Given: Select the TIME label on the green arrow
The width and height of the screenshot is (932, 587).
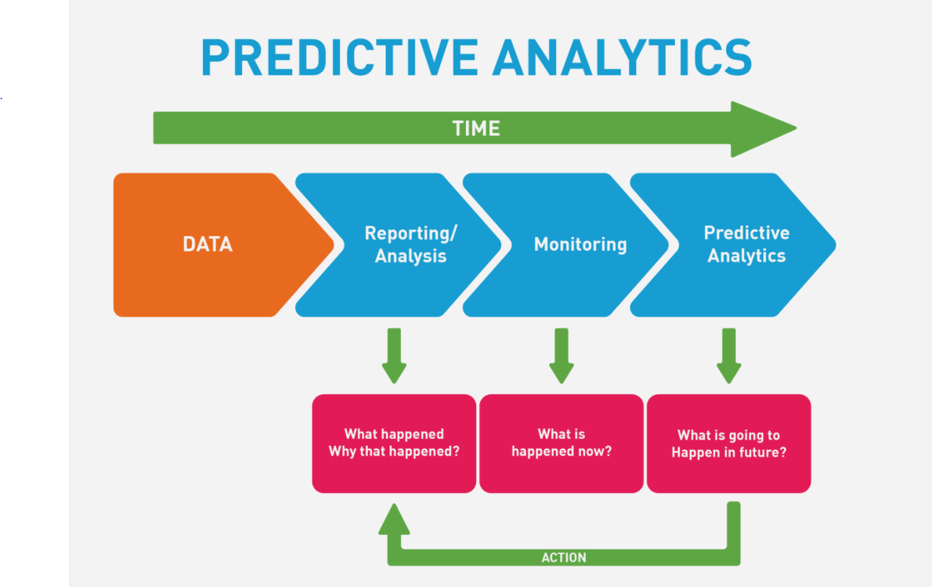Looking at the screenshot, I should [476, 129].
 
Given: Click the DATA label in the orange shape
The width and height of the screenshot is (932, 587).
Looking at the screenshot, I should [208, 245].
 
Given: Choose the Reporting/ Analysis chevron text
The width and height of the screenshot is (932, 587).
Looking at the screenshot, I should [410, 245].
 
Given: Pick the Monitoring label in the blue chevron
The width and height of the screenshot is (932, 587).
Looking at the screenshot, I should [580, 245].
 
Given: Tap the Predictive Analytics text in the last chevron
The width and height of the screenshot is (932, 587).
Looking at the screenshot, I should [746, 245].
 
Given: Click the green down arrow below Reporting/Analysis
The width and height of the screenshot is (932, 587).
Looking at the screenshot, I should [394, 356].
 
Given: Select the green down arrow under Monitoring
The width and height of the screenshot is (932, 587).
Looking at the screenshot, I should [561, 356].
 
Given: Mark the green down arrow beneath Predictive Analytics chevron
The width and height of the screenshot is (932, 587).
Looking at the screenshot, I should [729, 356].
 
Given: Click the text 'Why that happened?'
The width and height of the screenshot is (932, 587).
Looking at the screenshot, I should [394, 451].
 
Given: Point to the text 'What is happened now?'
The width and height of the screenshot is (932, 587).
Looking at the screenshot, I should [562, 443].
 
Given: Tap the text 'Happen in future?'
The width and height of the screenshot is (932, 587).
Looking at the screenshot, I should [728, 453].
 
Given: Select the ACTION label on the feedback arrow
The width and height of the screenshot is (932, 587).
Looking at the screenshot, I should [564, 558].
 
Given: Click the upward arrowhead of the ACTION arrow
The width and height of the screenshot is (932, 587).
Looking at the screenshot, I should [394, 520].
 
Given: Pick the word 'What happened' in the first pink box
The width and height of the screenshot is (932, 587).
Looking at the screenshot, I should [394, 434].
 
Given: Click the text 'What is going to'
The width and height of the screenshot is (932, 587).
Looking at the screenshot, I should [728, 436].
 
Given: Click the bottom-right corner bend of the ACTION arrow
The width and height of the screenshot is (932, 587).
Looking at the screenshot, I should [732, 557].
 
